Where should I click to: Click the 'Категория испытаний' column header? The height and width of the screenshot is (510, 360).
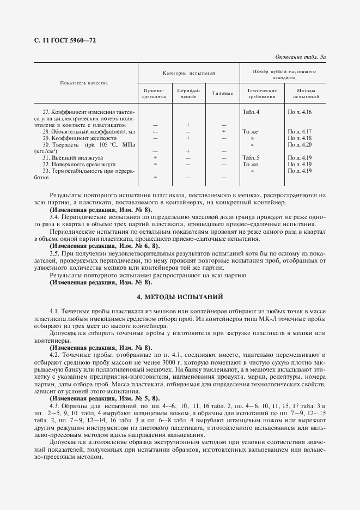[x=188, y=72]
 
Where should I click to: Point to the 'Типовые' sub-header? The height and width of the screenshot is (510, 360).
[x=223, y=93]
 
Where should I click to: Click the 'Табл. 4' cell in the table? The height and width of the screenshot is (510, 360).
[x=251, y=112]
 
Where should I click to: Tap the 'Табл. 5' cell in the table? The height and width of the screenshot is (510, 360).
[x=251, y=157]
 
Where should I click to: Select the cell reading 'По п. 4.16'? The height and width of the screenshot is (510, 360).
[x=299, y=112]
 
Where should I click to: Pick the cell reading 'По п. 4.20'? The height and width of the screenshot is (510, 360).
[x=299, y=144]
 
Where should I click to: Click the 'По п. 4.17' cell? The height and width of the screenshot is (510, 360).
[x=299, y=131]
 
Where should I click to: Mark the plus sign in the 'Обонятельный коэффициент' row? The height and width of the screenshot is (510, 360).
[x=223, y=131]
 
